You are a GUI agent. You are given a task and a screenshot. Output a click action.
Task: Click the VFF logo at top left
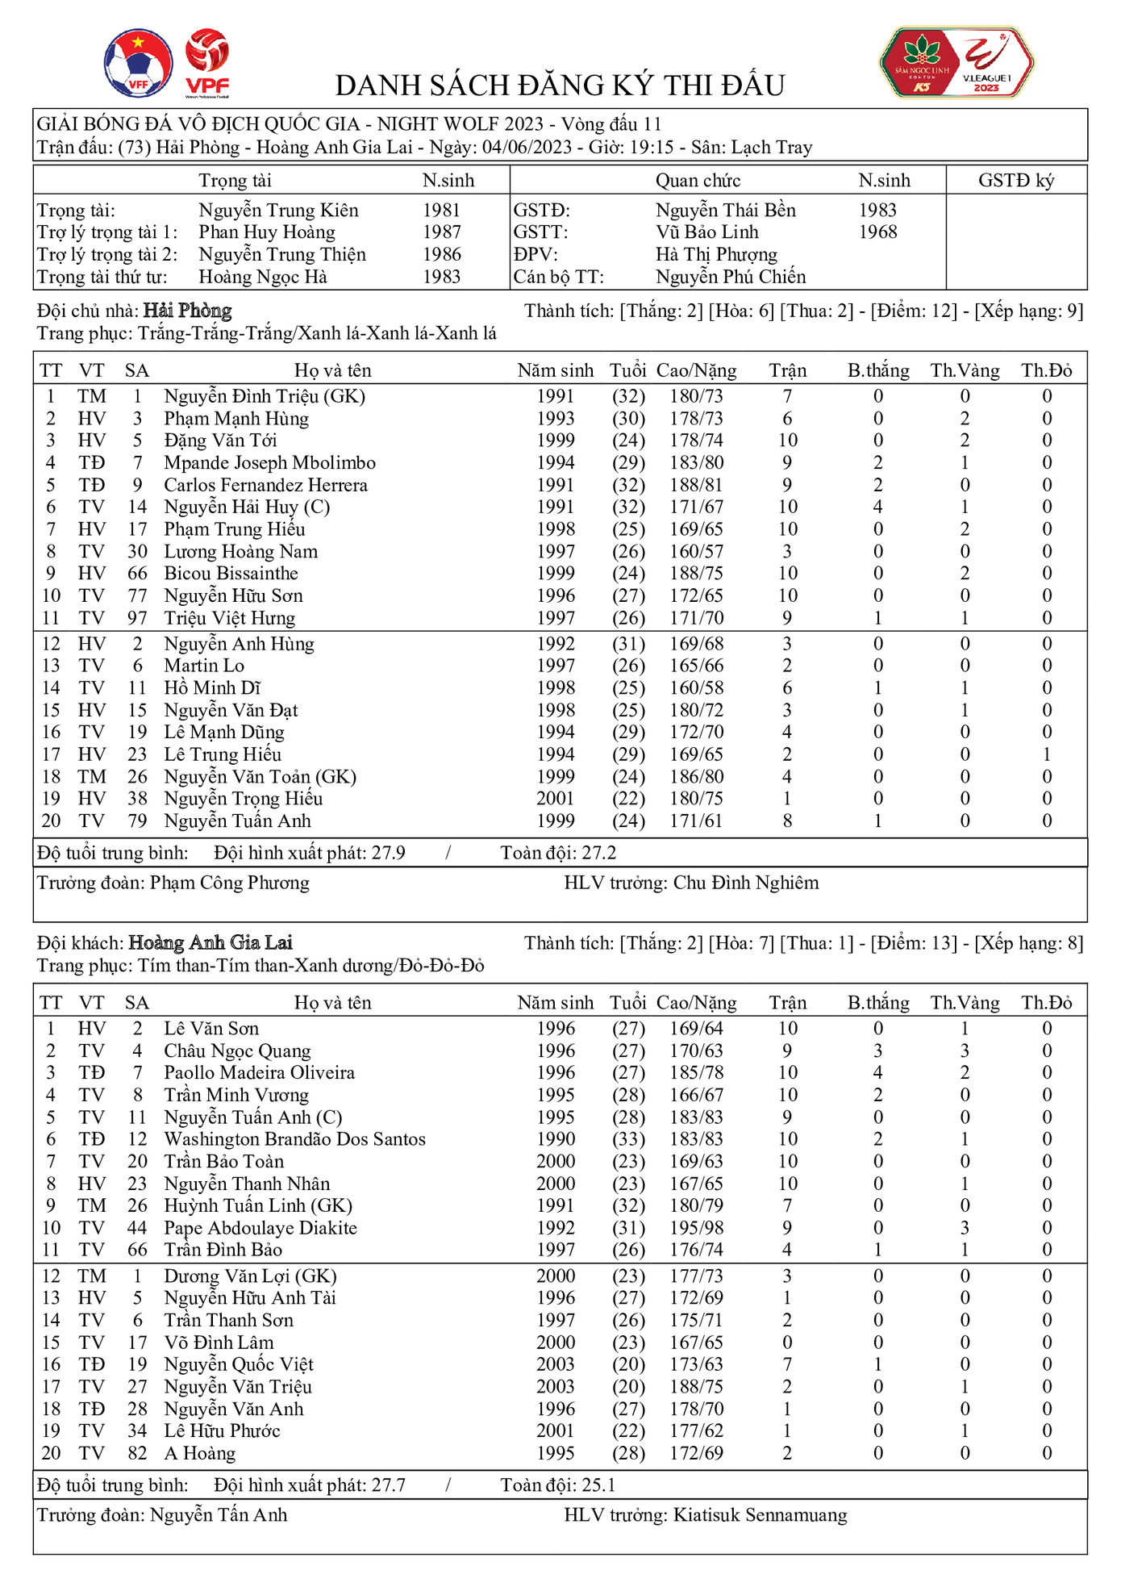click(138, 63)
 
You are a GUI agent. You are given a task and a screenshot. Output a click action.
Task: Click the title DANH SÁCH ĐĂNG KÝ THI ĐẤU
click(560, 85)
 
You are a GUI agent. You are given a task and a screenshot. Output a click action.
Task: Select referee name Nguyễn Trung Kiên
click(278, 211)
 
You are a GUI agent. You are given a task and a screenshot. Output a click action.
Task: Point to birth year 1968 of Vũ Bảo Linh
click(877, 232)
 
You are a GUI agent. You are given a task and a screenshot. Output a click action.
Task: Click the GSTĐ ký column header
click(1015, 181)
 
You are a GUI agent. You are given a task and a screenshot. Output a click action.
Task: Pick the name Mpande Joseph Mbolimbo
click(269, 463)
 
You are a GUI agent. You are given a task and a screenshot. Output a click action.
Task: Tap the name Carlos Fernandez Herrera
click(265, 486)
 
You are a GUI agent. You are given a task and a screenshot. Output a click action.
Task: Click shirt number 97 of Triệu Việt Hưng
click(137, 618)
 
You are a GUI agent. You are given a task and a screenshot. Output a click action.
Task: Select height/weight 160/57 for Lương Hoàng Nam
click(696, 552)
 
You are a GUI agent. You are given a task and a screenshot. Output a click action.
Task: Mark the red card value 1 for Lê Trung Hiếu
click(1047, 754)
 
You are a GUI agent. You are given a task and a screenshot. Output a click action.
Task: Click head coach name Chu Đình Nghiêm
click(745, 883)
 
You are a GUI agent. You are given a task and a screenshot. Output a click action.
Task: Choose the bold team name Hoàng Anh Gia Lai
click(210, 942)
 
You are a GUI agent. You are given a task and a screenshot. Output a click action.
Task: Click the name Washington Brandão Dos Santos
click(294, 1139)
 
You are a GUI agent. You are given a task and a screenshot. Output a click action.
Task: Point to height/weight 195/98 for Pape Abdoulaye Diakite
click(696, 1228)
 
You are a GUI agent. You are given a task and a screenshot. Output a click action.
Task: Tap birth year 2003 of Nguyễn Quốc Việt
click(556, 1364)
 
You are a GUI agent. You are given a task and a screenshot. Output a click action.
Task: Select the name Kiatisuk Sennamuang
click(760, 1515)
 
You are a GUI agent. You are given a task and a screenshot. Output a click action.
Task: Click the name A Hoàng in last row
click(199, 1453)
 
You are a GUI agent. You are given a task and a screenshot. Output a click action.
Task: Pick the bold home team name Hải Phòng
click(187, 311)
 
